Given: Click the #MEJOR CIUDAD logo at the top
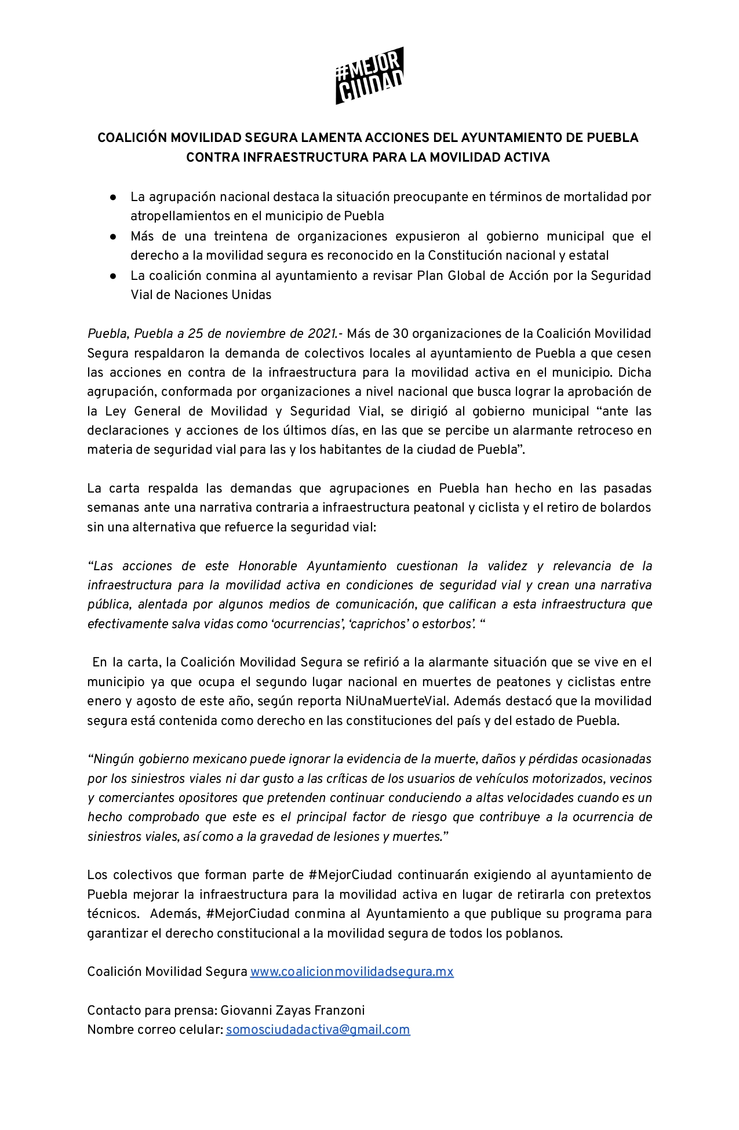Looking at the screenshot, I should (x=369, y=75).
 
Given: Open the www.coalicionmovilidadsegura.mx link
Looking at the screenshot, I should (x=351, y=972).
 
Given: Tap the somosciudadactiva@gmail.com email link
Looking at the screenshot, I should (x=318, y=1030).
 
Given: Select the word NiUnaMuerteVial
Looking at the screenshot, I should (x=396, y=701).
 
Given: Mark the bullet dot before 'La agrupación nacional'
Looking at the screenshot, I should (x=114, y=197).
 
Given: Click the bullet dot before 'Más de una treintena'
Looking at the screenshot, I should (x=114, y=236).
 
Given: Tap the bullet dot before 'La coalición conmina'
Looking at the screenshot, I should (x=114, y=276).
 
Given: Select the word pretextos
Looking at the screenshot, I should (x=622, y=895).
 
